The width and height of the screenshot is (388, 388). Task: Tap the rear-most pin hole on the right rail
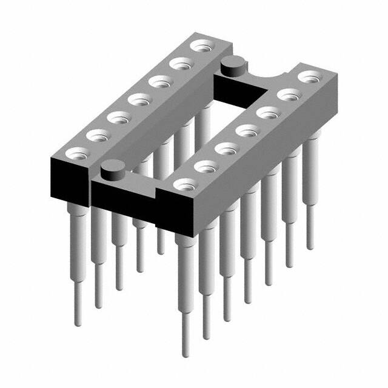click(x=310, y=76)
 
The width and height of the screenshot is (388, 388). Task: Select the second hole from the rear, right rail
click(x=290, y=93)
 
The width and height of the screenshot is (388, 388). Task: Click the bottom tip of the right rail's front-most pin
click(x=184, y=353)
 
